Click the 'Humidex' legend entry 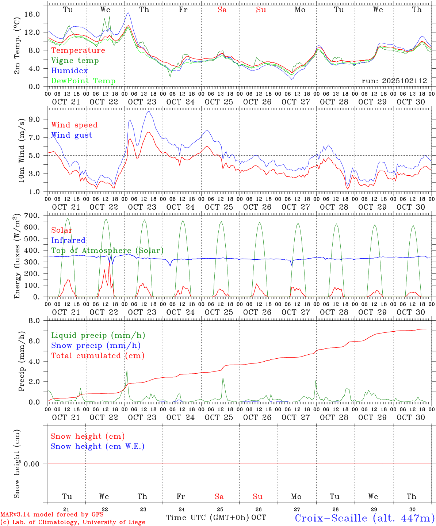tap(69, 71)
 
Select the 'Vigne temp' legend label tap(75, 61)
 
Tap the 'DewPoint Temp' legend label tap(83, 81)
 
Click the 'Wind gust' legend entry tap(72, 135)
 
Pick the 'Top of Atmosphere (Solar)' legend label tap(107, 251)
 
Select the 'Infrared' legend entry tap(68, 240)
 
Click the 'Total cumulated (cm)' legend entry tap(97, 356)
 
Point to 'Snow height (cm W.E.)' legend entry tap(97, 446)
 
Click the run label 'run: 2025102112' tap(394, 81)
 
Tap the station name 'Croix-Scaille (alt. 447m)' tap(364, 518)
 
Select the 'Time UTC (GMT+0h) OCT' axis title tap(216, 518)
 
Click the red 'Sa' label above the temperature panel tap(222, 10)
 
